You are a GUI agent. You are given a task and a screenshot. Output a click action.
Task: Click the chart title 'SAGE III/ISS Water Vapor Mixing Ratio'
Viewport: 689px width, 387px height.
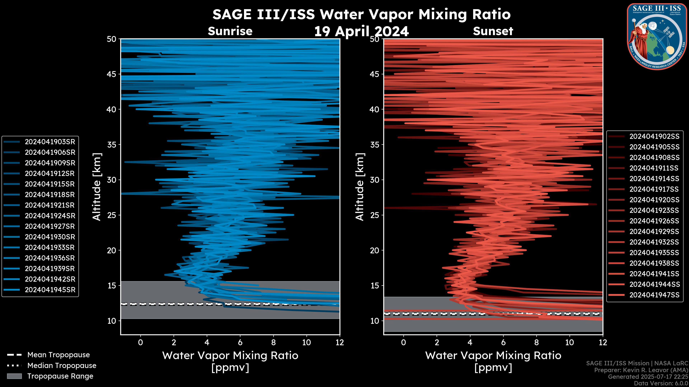click(361, 14)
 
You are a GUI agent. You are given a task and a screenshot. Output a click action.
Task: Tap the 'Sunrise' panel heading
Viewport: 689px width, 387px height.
click(230, 31)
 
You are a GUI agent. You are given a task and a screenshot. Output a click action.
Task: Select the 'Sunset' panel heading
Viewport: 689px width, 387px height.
click(493, 31)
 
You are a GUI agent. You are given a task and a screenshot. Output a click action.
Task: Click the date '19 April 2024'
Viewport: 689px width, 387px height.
click(361, 32)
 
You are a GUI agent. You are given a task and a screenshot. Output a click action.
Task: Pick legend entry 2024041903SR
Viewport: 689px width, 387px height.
click(50, 142)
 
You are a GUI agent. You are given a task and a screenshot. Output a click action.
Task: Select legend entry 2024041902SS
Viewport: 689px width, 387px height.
click(654, 137)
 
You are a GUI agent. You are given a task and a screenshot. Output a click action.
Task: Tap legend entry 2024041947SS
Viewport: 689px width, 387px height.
click(654, 295)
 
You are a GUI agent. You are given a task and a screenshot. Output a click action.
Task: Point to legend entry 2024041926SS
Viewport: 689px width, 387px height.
click(654, 221)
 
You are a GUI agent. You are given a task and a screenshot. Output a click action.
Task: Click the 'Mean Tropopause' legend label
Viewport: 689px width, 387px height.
click(58, 355)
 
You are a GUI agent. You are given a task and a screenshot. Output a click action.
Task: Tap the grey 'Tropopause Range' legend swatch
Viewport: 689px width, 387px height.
click(14, 376)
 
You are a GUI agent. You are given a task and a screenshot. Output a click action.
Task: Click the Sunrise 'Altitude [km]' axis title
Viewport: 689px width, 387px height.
click(97, 187)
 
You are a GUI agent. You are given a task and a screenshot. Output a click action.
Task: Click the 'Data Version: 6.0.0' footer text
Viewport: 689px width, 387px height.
click(661, 384)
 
